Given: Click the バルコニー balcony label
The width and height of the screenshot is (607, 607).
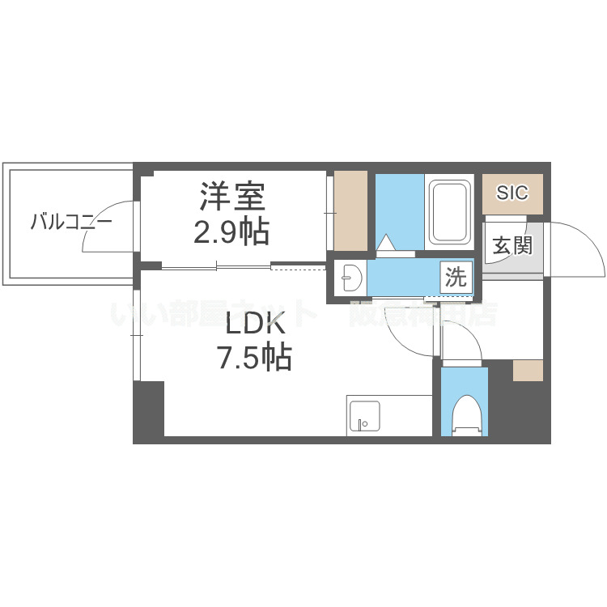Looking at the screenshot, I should [x=71, y=221].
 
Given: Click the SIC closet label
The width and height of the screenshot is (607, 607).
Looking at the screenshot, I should [x=511, y=193].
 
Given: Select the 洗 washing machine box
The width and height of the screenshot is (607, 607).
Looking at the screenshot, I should [x=456, y=278].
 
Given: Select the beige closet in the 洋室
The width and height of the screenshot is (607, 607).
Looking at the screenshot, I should [x=350, y=210].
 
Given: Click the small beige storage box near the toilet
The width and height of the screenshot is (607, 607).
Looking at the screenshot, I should [x=528, y=370].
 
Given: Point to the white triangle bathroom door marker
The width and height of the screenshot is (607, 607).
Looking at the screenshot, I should [x=386, y=243].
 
